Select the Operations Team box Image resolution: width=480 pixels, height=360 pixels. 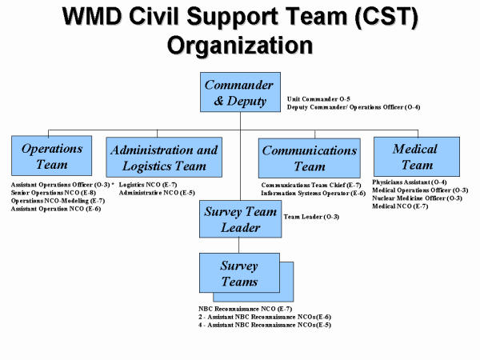click(52, 157)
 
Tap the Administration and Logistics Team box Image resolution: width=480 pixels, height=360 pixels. click(164, 158)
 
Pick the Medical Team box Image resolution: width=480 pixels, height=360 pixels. click(416, 157)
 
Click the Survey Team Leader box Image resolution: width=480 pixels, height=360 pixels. click(240, 219)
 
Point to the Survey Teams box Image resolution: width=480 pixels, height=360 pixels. click(239, 273)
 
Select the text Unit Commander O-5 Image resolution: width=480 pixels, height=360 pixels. click(319, 98)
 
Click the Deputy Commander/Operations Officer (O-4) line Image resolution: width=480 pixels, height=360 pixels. click(354, 107)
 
